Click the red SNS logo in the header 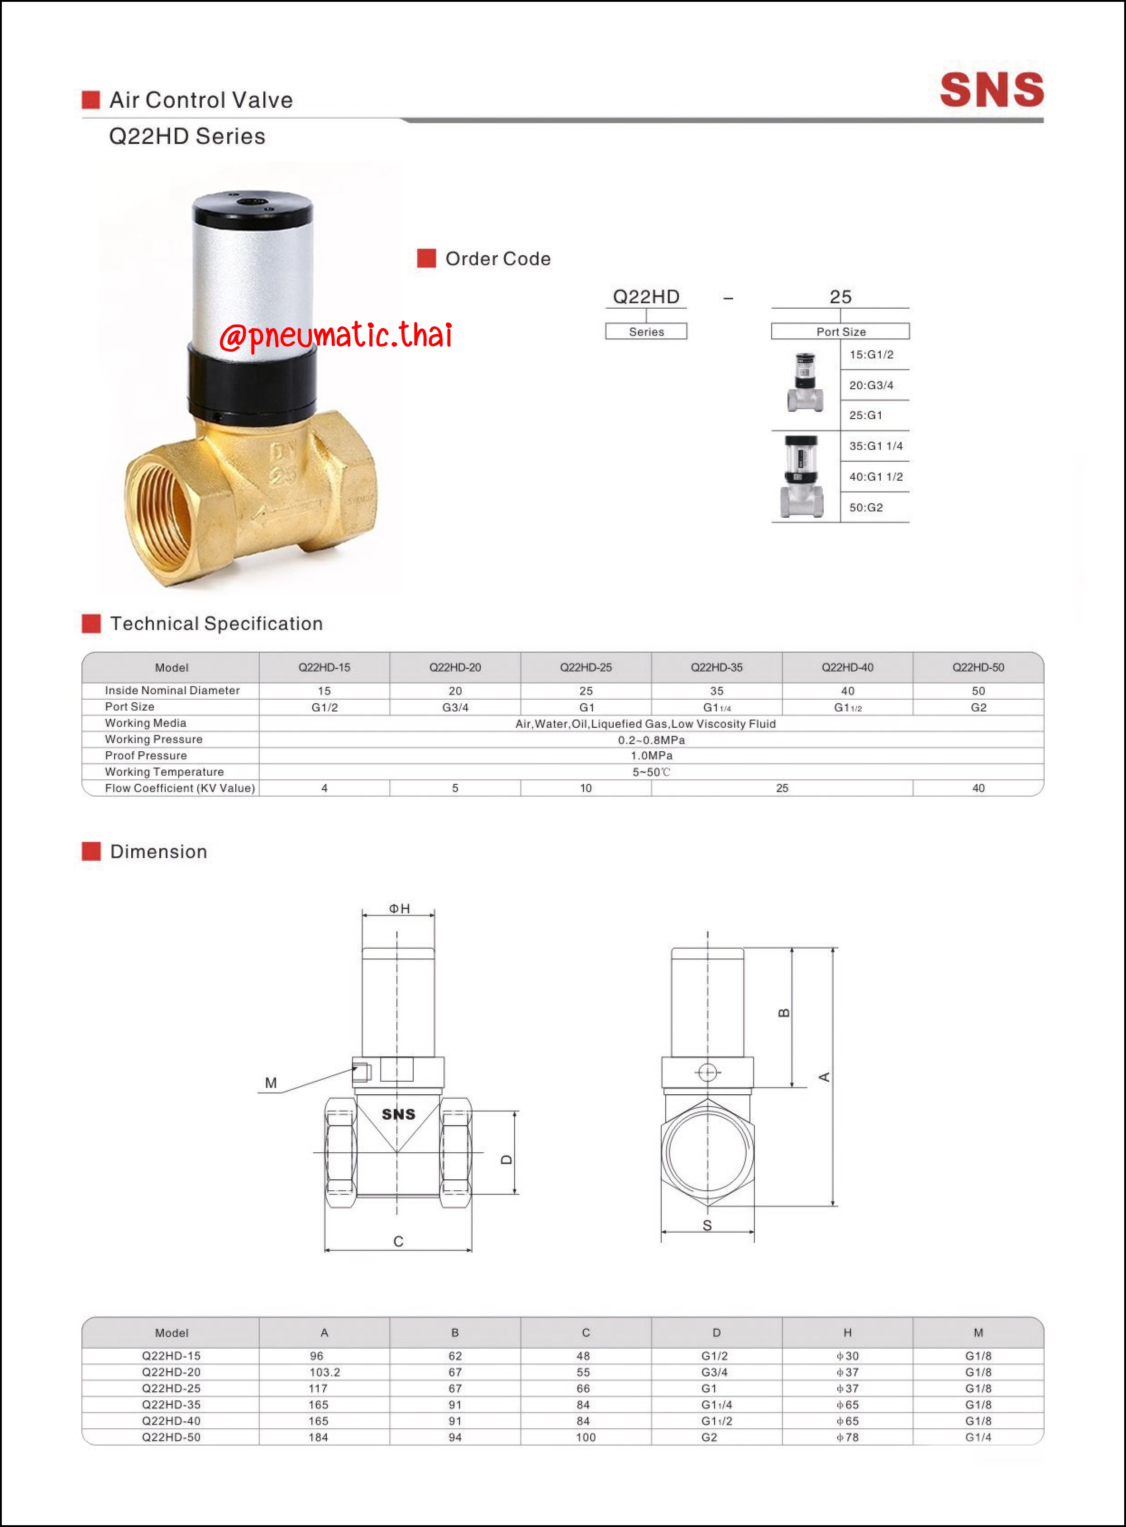point(991,90)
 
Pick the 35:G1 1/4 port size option point(875,446)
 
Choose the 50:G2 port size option point(866,507)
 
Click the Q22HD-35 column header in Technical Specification point(716,668)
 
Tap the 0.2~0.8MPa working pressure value point(651,740)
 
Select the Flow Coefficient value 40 point(978,788)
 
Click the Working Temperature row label point(164,772)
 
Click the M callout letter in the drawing point(271,1083)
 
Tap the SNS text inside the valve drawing point(398,1115)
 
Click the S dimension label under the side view point(707,1226)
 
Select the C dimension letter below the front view point(398,1241)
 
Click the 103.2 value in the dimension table point(324,1372)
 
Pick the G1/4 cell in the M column point(978,1437)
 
